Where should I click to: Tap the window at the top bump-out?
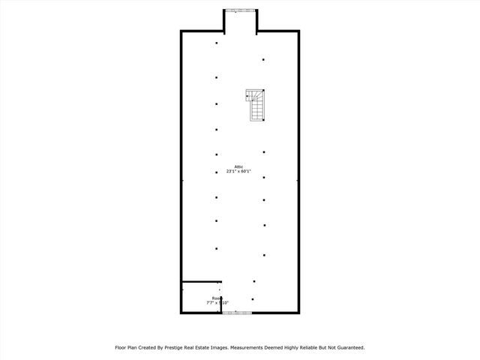(241, 10)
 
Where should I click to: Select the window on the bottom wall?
(236, 313)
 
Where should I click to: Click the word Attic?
(238, 166)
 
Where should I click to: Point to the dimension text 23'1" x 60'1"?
(240, 172)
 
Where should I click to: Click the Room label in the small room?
(216, 298)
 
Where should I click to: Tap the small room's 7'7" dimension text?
(210, 303)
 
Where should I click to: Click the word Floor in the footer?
(121, 348)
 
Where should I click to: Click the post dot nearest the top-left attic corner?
(217, 43)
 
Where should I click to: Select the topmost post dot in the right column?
(263, 60)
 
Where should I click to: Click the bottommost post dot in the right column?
(253, 299)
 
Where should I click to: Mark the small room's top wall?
(201, 282)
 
